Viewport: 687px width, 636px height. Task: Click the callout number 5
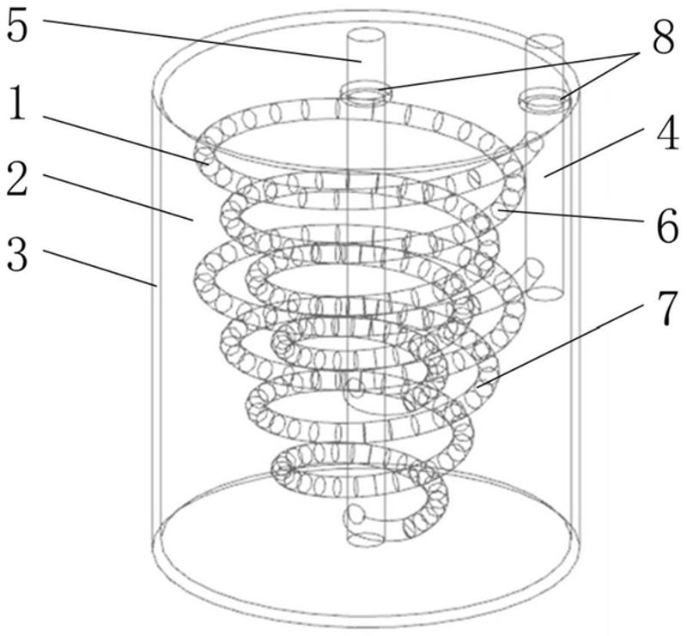(x=19, y=27)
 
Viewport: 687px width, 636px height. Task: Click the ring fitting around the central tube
(x=366, y=92)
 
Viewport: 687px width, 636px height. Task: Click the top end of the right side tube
(x=544, y=42)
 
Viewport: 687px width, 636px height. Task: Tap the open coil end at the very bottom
(x=355, y=517)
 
